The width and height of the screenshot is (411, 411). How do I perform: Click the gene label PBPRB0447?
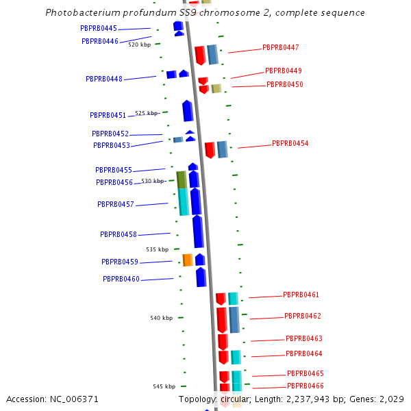coord(280,48)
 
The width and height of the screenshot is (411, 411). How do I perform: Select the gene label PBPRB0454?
coord(290,144)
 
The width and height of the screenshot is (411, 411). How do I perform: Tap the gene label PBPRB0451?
coord(108,115)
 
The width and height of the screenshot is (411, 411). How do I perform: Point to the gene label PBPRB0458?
coord(118,234)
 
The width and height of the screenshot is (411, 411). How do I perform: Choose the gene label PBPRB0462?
coord(302,316)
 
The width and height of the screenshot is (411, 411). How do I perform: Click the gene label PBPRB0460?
coord(121,279)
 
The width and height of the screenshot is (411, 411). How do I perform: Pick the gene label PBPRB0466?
coord(305,386)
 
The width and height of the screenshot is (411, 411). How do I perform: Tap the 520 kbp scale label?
coord(139,45)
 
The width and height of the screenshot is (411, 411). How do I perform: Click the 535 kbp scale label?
coord(157,249)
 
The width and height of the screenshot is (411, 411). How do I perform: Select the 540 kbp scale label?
coord(161,318)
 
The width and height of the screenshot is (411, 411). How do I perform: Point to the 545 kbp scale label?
coord(164,386)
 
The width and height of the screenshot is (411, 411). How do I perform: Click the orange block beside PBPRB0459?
coord(187,260)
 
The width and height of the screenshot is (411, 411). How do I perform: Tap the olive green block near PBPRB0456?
coord(182,179)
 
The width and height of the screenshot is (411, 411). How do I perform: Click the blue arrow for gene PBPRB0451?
coord(188,111)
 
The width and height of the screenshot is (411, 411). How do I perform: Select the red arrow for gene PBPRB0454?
coord(210,149)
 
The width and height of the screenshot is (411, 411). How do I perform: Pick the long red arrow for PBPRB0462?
coord(221,320)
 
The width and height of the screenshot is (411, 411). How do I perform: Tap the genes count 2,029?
coord(390,399)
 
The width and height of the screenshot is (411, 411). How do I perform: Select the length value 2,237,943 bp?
coord(308,399)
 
